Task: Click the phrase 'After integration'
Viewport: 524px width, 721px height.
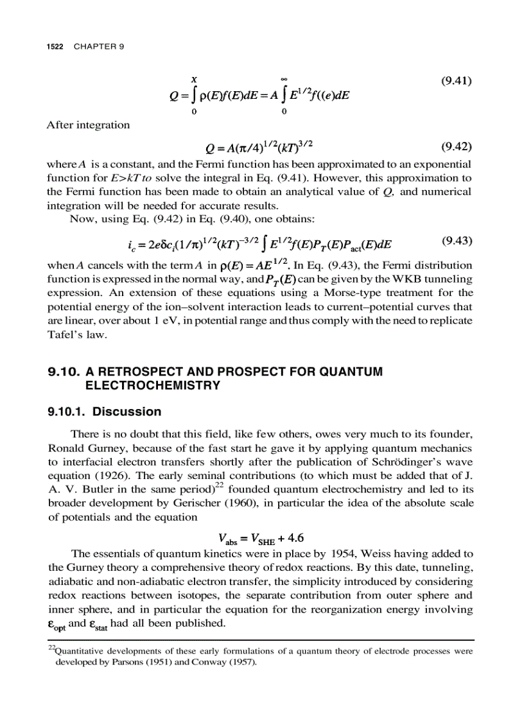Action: [88, 125]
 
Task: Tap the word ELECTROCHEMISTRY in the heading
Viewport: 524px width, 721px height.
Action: [153, 385]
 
